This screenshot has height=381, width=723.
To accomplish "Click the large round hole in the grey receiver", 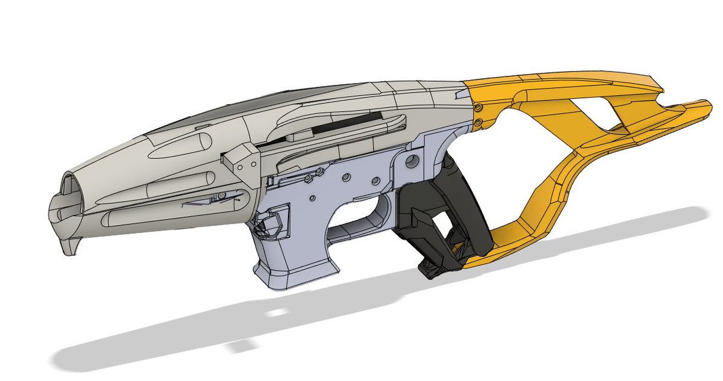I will coord(412,160).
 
